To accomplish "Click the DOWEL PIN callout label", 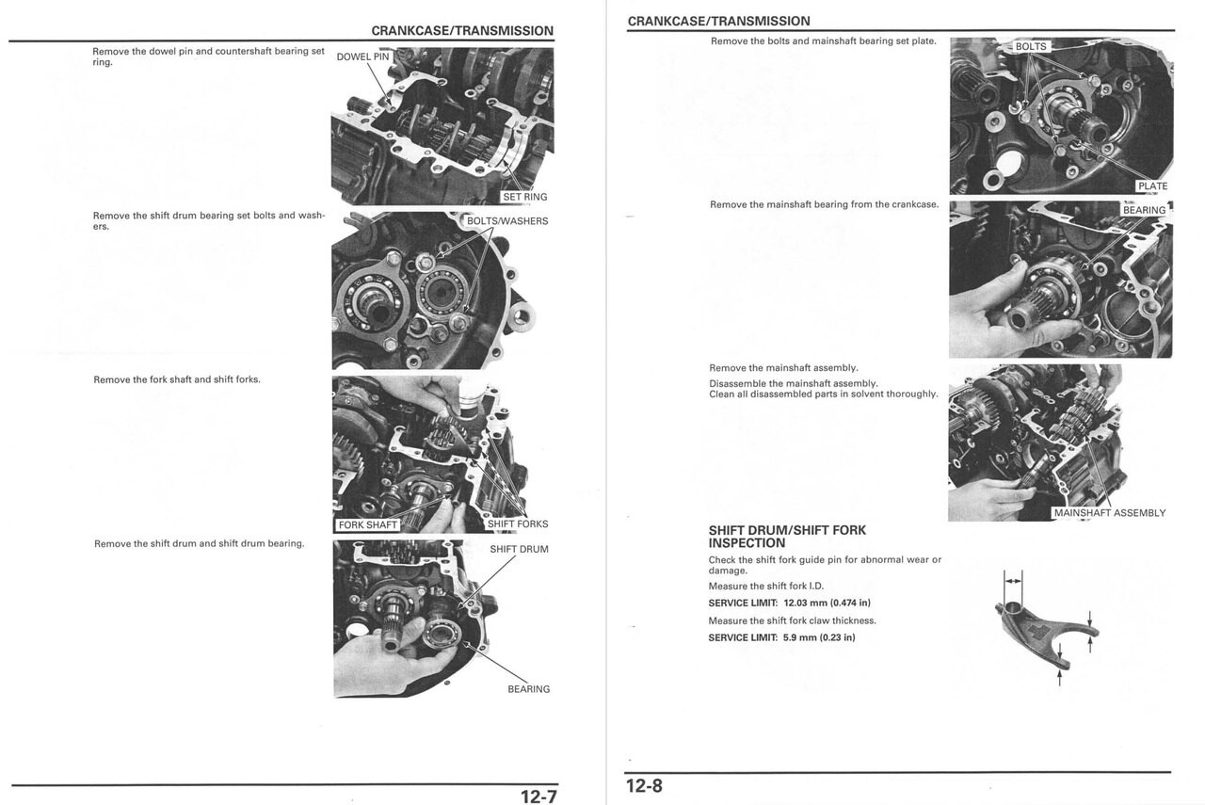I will pos(362,56).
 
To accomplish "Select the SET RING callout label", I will pos(525,197).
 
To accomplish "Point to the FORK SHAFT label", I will pos(368,524).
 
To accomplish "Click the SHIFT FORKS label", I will pos(517,524).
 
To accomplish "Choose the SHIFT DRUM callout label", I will pos(519,549).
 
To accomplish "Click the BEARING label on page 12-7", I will pos(528,689).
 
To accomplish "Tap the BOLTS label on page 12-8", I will pos(1030,46).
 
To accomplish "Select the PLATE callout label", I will pos(1152,186).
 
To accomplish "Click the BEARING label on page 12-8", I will pos(1144,210).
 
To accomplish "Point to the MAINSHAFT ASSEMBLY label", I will pos(1109,513).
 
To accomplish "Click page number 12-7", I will pos(538,797).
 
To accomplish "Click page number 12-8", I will pos(644,785).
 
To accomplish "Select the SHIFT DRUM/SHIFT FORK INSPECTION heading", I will pos(787,537).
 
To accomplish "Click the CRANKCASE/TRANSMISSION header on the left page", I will pos(462,31).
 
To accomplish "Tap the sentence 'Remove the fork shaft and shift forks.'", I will pos(177,379).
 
